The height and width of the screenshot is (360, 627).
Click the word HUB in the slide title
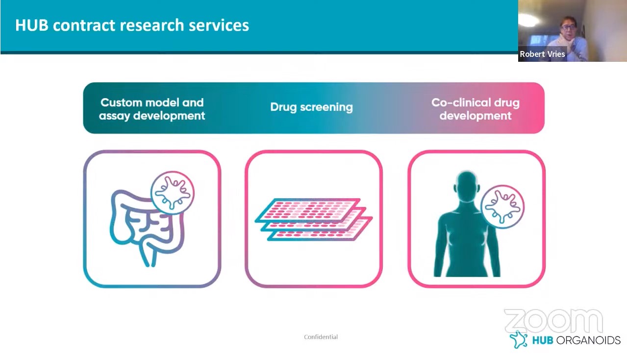(x=32, y=25)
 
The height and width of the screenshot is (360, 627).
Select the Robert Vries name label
(x=542, y=54)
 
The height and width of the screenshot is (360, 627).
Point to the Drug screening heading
(x=312, y=107)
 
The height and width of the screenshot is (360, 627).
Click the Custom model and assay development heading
(x=152, y=109)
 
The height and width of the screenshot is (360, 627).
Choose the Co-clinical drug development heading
(x=476, y=109)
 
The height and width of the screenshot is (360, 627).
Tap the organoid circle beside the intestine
(x=173, y=192)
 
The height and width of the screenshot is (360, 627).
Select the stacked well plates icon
(x=314, y=219)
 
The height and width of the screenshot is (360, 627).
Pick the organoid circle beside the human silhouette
(x=502, y=206)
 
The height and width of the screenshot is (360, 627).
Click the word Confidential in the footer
(x=321, y=337)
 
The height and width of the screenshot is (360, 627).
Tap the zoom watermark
(x=553, y=321)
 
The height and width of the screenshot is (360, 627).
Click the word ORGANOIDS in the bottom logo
(x=588, y=340)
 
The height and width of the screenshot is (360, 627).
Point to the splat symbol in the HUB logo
(x=519, y=339)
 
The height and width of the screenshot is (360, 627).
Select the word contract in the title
(x=84, y=25)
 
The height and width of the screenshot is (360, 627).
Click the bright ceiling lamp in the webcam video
(x=528, y=20)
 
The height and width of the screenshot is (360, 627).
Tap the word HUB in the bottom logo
(x=543, y=340)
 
